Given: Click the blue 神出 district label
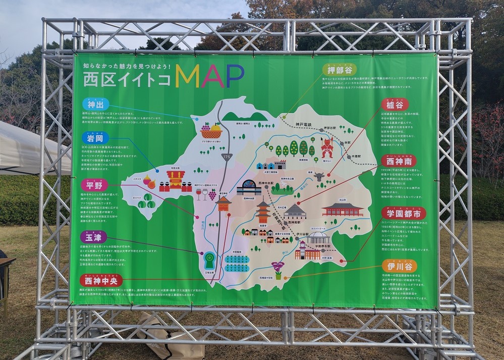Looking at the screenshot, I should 95,105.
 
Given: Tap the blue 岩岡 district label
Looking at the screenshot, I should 95,137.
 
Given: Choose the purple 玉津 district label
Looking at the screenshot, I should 94,237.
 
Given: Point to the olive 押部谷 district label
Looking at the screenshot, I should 340,69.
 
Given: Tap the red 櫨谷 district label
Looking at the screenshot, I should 395,105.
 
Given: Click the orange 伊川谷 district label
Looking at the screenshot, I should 399,266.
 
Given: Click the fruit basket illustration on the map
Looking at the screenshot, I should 211,131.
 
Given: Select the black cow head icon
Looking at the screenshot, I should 318,177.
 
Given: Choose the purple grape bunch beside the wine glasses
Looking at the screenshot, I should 212,193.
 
